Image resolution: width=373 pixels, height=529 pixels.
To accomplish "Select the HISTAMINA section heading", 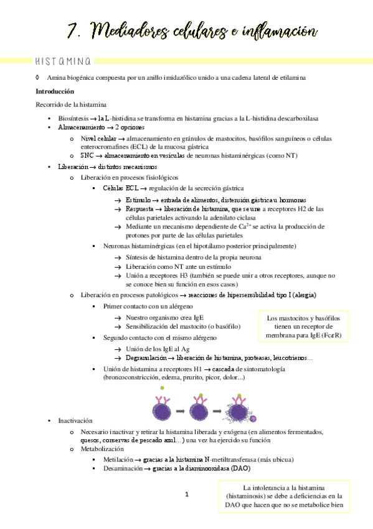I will click(x=62, y=61).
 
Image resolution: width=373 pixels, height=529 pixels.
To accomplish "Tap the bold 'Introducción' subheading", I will click(x=55, y=91).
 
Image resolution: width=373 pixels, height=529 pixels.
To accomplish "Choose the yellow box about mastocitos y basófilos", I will click(x=304, y=327).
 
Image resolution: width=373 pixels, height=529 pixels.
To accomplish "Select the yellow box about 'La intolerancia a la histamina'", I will click(x=288, y=497).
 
